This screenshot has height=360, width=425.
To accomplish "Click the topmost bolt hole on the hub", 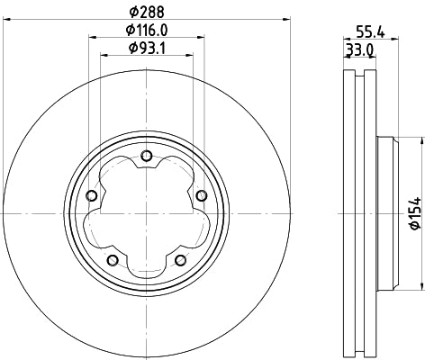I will pyautogui.click(x=145, y=157).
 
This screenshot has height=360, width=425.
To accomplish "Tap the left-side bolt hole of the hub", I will pyautogui.click(x=91, y=197).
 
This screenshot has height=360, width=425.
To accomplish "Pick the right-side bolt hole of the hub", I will pyautogui.click(x=199, y=197).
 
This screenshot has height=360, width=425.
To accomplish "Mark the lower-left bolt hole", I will pyautogui.click(x=112, y=260).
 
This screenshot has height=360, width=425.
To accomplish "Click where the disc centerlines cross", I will pyautogui.click(x=145, y=214).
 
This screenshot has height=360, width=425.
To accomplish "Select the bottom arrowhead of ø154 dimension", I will pyautogui.click(x=420, y=288).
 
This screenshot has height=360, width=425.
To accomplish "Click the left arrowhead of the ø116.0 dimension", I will pyautogui.click(x=93, y=37).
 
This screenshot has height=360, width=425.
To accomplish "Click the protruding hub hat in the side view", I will pyautogui.click(x=384, y=213).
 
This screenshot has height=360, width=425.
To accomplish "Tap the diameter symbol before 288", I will pyautogui.click(x=132, y=11).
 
